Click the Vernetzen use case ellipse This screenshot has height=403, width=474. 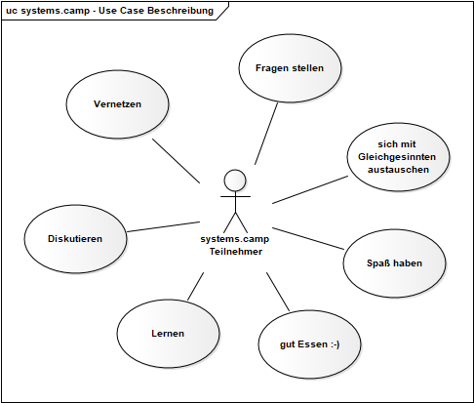[x=117, y=104]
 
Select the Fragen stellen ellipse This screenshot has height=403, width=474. [x=290, y=68]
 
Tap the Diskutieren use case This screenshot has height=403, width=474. [x=75, y=239]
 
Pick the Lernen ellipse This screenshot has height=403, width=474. [x=168, y=334]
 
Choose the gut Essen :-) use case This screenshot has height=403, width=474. [x=309, y=344]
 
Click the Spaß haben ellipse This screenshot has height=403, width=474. [x=394, y=262]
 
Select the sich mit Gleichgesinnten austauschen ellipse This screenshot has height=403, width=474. [x=398, y=157]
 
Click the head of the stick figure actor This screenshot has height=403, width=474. [x=235, y=181]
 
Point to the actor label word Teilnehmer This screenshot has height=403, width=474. [x=236, y=252]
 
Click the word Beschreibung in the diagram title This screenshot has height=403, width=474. [x=180, y=11]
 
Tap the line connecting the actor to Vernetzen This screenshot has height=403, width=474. [x=176, y=161]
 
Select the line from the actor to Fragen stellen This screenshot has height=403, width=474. [x=266, y=134]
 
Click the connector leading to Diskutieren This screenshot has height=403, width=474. [x=163, y=226]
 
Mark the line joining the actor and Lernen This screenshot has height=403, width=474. [x=196, y=286]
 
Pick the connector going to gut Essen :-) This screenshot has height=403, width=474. [x=278, y=292]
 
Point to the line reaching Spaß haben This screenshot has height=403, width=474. [x=308, y=239]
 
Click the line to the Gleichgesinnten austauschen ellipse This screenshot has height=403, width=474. [x=310, y=190]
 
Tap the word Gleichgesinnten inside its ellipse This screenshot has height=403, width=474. [x=397, y=157]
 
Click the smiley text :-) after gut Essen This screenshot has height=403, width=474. [x=336, y=344]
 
